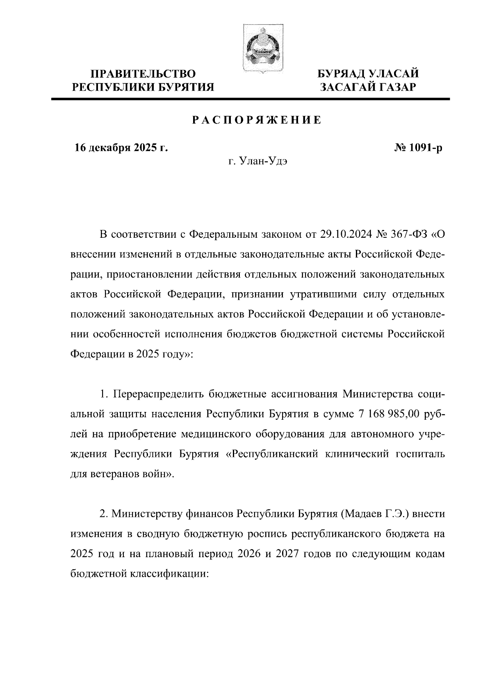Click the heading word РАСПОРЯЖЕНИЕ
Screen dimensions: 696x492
tap(257, 120)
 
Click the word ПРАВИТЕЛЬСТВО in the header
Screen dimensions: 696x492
tap(143, 74)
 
